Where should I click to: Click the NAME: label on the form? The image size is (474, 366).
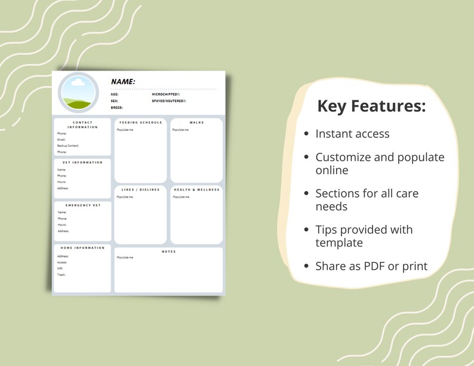tap(123, 82)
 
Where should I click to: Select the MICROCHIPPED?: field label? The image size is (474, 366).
tap(165, 94)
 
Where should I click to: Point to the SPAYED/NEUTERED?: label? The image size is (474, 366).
tap(169, 101)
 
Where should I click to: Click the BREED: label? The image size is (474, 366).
tap(116, 107)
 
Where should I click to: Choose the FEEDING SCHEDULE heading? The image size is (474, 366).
tap(140, 122)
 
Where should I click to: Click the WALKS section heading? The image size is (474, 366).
tap(196, 122)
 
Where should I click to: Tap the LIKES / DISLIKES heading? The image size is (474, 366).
tap(140, 190)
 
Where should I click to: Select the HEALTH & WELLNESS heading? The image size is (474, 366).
tap(196, 190)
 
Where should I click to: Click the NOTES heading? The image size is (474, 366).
tap(168, 251)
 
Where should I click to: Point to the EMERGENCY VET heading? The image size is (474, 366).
tap(83, 205)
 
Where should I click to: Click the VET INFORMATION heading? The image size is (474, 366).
tap(83, 162)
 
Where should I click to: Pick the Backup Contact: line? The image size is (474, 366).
tap(68, 146)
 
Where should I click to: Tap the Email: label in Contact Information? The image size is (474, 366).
tap(61, 140)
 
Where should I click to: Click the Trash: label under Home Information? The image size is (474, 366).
tap(61, 275)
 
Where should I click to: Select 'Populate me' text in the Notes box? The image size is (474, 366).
tap(125, 257)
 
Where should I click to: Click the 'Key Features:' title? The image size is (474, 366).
tap(371, 106)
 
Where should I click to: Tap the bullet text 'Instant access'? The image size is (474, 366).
tap(352, 134)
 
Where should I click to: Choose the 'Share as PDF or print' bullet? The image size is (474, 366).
tap(371, 266)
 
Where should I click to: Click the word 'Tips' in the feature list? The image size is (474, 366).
tap(327, 230)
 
